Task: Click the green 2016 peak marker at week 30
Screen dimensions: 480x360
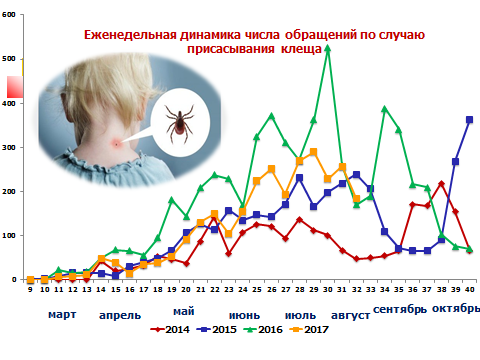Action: (328, 49)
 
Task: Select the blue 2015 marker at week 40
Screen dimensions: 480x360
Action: (469, 120)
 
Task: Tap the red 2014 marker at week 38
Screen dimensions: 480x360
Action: (442, 184)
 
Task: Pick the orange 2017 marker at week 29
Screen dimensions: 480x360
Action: (313, 152)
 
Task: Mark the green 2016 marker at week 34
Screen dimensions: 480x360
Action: (384, 109)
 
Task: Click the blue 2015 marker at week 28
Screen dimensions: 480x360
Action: (299, 178)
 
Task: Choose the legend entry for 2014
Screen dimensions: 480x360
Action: (170, 330)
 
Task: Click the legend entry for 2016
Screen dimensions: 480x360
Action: (263, 330)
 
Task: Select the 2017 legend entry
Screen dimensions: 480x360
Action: (309, 330)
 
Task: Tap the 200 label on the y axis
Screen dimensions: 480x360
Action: (9, 191)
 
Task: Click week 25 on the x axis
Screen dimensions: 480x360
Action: (257, 289)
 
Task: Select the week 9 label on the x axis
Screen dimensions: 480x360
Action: (30, 289)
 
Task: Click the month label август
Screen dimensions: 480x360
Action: (350, 315)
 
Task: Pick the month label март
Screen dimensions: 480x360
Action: (62, 315)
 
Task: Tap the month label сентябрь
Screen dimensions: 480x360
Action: (400, 309)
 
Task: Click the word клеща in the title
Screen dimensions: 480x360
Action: (301, 49)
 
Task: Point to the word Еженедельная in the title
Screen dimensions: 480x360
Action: (130, 35)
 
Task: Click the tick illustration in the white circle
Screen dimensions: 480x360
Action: (179, 123)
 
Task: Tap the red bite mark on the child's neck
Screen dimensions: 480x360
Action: (116, 144)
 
